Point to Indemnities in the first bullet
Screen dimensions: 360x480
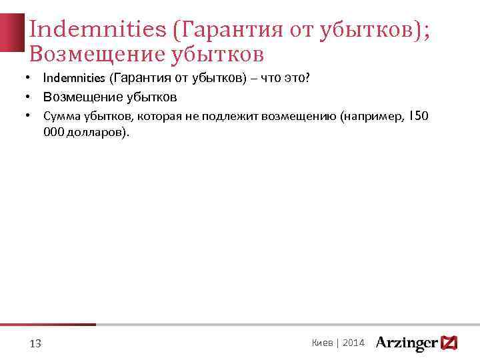[73, 78]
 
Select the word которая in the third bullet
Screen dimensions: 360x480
[157, 117]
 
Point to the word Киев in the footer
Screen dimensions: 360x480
[322, 343]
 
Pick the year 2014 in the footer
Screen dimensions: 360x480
[354, 343]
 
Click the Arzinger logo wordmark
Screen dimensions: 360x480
[407, 343]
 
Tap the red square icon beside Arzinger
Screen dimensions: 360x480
[449, 343]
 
